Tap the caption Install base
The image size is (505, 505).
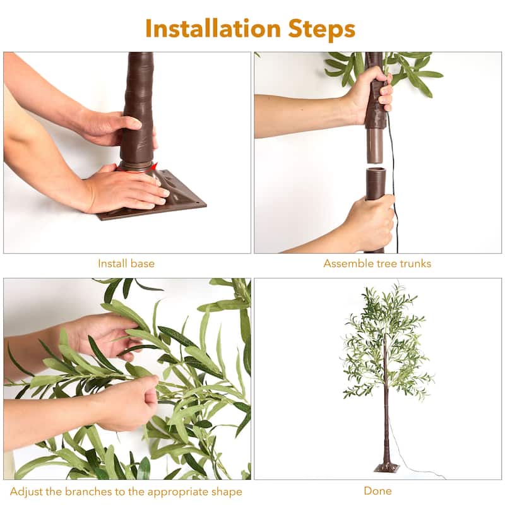[126, 263]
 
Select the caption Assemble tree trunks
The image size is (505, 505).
[377, 263]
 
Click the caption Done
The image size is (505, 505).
[377, 490]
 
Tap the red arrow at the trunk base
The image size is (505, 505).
[153, 168]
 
